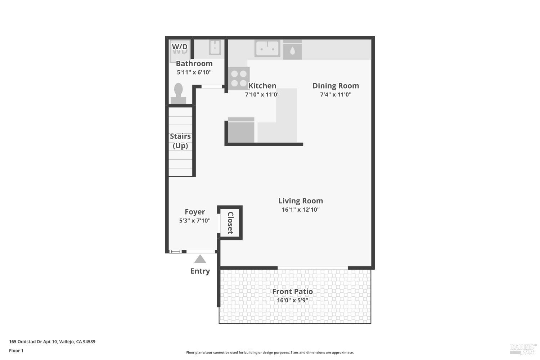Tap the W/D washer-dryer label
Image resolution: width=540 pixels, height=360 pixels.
180,47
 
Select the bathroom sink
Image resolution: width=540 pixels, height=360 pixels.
215,47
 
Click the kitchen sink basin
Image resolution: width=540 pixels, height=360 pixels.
267,48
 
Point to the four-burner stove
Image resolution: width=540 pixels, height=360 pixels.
239,78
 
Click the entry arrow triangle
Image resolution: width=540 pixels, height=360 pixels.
200,259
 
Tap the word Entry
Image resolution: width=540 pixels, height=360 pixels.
200,271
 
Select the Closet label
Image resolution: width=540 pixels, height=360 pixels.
230,223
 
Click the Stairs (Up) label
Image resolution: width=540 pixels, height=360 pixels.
180,141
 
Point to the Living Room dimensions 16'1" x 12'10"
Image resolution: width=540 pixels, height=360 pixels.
301,210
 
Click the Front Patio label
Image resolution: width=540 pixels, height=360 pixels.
292,292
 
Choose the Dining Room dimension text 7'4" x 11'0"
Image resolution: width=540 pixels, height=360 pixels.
336,95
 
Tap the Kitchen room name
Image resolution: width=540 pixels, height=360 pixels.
262,86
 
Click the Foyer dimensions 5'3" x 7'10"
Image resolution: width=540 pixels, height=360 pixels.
195,221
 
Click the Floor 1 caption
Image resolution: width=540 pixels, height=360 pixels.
16,350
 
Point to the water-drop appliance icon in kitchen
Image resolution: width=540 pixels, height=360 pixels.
292,50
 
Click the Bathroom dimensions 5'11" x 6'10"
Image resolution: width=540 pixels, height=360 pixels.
194,72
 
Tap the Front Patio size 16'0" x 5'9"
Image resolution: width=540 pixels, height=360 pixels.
292,300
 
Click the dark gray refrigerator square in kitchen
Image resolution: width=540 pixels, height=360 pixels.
241,130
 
